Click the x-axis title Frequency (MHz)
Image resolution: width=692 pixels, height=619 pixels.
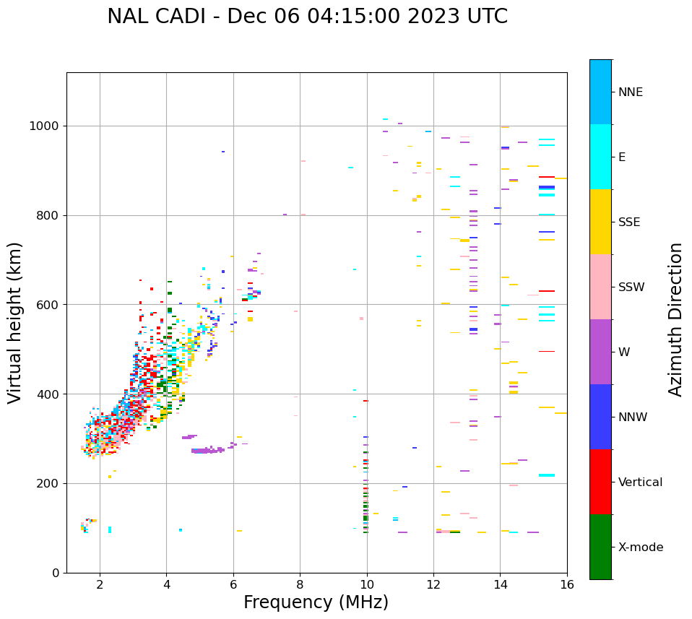316,602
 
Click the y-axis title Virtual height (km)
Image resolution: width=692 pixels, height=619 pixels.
15,323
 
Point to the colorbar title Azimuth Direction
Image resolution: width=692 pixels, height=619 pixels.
675,319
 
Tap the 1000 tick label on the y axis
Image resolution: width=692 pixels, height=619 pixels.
45,126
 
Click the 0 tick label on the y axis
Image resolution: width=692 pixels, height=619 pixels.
55,573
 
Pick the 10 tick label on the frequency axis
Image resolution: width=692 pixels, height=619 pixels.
367,585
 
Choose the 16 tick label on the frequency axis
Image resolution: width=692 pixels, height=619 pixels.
567,585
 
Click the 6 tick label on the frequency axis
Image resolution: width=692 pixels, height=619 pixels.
233,585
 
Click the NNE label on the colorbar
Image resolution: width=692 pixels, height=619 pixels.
630,92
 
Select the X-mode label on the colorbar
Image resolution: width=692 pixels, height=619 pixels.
641,547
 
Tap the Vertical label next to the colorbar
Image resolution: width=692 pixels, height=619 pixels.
640,482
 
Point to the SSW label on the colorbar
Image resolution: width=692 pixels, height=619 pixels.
631,287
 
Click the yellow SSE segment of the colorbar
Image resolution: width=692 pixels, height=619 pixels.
600,222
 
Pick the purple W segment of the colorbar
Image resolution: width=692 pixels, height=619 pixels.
600,352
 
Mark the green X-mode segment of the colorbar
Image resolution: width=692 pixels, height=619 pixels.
600,547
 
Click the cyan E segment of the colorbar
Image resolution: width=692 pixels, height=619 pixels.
600,157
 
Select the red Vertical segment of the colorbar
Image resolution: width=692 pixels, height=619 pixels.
600,482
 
